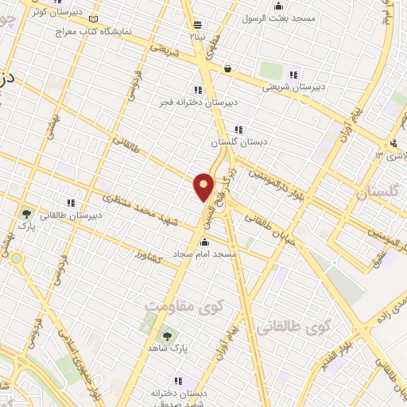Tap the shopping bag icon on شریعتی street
click(x=229, y=68)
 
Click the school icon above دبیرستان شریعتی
click(x=293, y=74)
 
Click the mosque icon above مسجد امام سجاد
click(x=205, y=242)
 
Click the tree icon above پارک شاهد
click(x=166, y=335)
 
